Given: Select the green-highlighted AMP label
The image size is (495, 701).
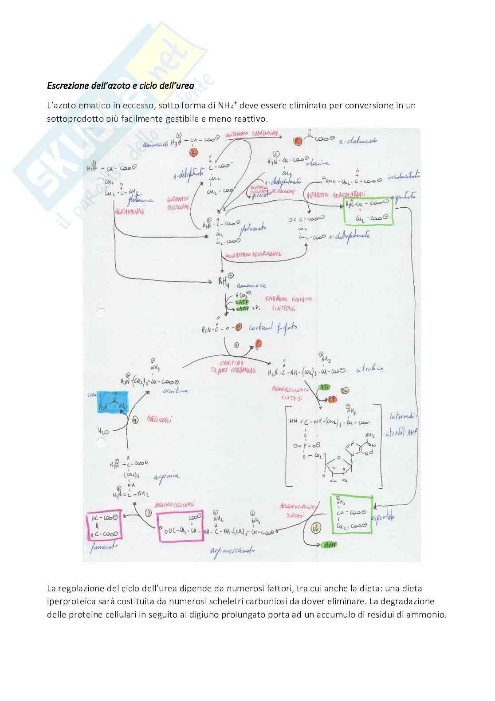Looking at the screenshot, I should [x=330, y=544].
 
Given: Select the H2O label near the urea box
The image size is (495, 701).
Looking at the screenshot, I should [x=103, y=431].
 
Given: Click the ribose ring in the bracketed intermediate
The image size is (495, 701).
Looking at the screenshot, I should [x=338, y=464].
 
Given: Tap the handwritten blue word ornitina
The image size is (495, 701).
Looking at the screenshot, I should [x=176, y=391].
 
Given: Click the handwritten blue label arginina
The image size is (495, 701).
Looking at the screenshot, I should [x=167, y=476].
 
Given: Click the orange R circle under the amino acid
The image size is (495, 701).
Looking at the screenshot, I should [x=193, y=152].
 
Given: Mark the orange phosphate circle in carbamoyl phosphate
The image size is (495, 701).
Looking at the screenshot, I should [x=239, y=327].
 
